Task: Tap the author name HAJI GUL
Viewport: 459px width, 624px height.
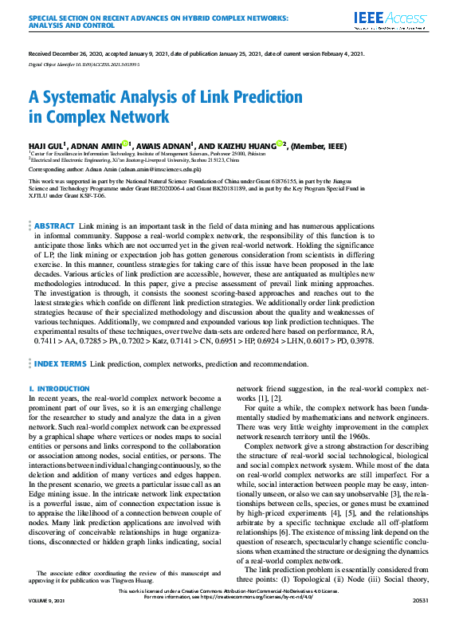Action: click(x=46, y=147)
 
